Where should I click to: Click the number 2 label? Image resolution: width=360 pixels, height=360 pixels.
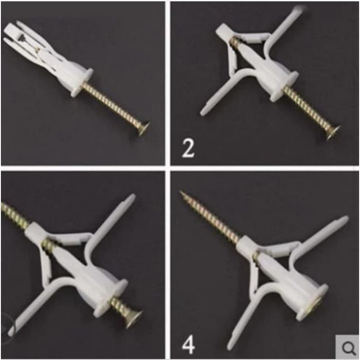click(x=188, y=148)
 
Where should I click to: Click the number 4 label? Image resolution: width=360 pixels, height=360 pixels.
click(x=189, y=345)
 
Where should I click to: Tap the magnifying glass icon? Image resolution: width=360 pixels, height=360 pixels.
click(x=348, y=348)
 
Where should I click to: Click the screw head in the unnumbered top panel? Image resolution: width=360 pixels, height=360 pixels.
click(x=143, y=129)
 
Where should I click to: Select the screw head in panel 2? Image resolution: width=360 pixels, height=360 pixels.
click(x=333, y=132)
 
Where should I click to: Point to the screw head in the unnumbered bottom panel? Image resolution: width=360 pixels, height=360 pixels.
click(x=133, y=319)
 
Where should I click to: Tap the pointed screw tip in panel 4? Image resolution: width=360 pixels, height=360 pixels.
click(x=181, y=192)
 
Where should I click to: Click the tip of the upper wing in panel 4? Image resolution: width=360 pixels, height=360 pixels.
click(x=345, y=219)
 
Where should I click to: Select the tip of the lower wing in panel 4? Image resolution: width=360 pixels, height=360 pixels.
click(x=230, y=347)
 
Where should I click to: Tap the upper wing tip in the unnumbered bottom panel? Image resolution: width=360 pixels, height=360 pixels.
click(x=132, y=197)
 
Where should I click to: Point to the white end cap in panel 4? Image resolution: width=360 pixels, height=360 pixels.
click(x=245, y=245)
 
